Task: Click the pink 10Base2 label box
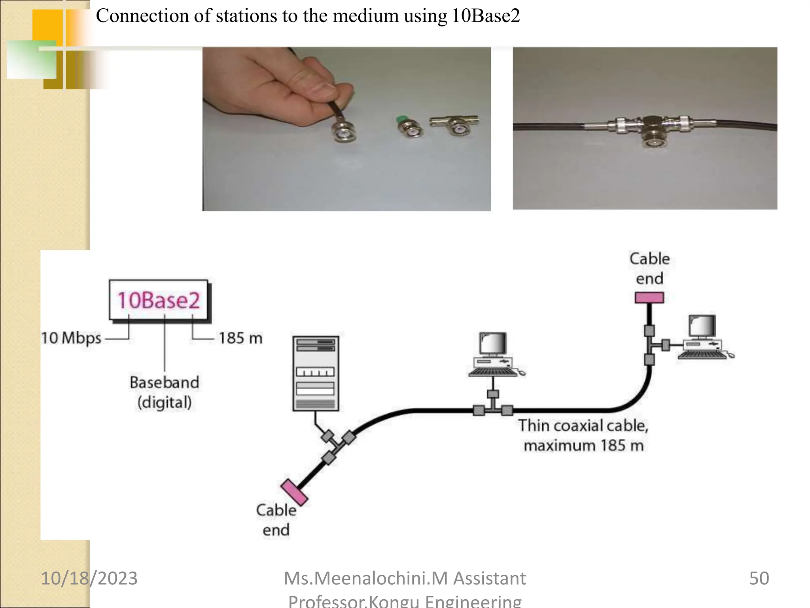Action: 159,300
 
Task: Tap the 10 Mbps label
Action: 72,338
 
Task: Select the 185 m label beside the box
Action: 240,338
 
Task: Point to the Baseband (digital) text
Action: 165,392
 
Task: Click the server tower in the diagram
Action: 316,373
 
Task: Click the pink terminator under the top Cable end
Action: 649,298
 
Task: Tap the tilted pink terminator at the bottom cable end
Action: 294,492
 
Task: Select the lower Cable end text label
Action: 276,520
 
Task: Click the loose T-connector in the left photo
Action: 455,124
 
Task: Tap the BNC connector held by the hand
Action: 343,131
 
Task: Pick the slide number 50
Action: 759,578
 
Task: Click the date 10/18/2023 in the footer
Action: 89,578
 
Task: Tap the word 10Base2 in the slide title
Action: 486,16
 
